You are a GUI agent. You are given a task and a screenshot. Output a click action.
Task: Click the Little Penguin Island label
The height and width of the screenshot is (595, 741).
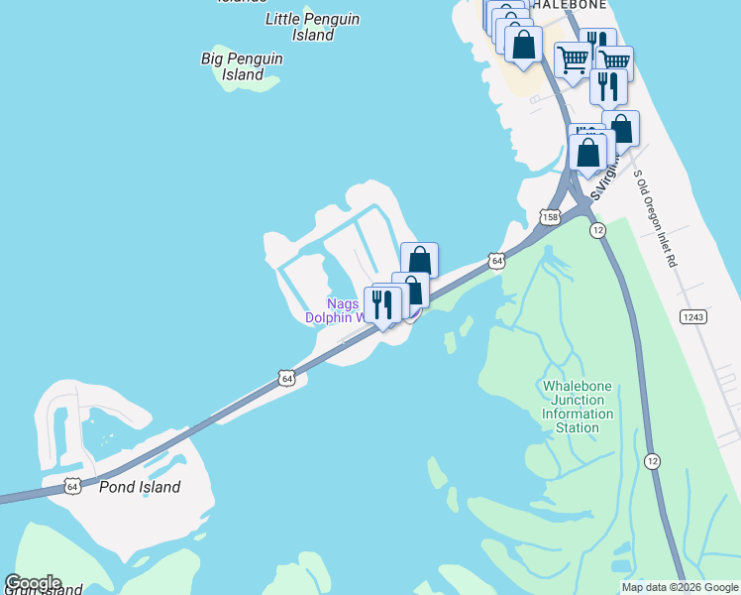click(x=313, y=27)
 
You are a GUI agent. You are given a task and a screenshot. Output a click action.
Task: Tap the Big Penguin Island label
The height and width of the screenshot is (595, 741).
click(x=242, y=66)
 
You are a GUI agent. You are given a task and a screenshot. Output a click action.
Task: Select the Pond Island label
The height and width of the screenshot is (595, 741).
click(x=140, y=487)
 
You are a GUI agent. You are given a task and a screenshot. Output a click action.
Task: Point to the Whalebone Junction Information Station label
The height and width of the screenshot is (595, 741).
click(x=578, y=407)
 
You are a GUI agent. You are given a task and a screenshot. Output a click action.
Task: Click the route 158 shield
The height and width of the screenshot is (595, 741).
click(x=550, y=216)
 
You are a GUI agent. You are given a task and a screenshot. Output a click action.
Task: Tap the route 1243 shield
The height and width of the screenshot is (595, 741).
click(x=692, y=316)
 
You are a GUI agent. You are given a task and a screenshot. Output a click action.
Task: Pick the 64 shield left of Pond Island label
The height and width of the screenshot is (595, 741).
click(x=72, y=486)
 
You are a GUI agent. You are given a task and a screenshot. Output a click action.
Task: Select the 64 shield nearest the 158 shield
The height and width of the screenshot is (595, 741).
click(x=496, y=261)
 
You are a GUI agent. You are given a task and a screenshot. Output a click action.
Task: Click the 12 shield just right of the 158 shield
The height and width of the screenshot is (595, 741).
click(x=597, y=229)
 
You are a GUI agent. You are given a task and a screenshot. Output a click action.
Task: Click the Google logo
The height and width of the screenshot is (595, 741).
click(x=33, y=583)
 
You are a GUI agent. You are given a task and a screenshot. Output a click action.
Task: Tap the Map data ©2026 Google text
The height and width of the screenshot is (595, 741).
click(x=680, y=587)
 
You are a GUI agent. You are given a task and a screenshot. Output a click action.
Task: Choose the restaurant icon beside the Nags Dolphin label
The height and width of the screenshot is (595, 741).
click(x=382, y=304)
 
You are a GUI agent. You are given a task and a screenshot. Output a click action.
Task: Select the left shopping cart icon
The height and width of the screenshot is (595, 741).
click(x=573, y=59)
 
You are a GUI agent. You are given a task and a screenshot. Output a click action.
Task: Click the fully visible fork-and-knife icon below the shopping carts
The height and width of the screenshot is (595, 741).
click(x=608, y=85)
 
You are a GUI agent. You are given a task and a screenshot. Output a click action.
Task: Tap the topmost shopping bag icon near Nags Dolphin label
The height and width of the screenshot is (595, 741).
click(x=419, y=260)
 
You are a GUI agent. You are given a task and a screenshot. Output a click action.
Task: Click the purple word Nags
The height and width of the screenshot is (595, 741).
click(x=343, y=303)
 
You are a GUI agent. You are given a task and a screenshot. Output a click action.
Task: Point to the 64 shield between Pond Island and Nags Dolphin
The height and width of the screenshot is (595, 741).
click(x=286, y=378)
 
